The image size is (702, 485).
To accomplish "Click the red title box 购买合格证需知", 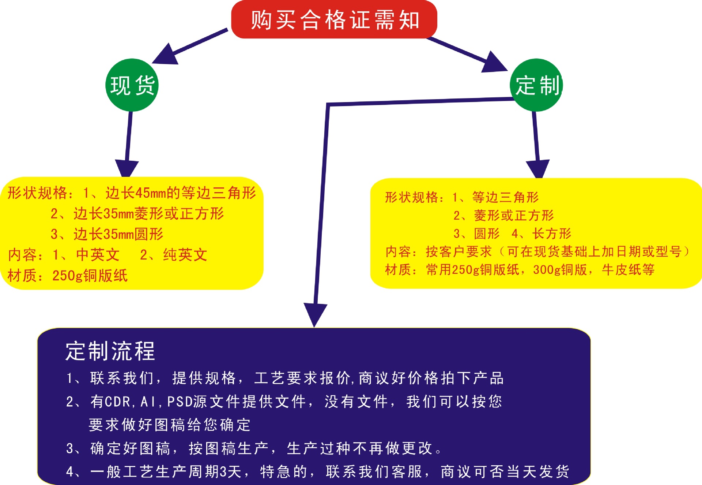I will click(334, 19).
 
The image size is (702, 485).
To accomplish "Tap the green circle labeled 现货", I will click(132, 85).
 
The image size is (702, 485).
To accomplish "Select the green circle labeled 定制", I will click(536, 85).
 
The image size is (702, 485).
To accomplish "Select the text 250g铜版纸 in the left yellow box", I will click(90, 276).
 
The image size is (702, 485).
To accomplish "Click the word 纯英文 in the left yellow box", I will click(185, 255).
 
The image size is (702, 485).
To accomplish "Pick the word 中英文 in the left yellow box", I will click(98, 255).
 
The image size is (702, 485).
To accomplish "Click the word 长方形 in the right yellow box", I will click(552, 233).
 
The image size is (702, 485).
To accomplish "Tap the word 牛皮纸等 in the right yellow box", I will click(628, 270).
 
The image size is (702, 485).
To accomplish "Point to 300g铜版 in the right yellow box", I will click(560, 270).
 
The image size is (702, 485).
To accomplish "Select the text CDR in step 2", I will click(117, 402).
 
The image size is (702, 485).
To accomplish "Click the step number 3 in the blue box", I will click(70, 448).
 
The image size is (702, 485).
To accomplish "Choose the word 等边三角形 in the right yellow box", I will click(505, 197).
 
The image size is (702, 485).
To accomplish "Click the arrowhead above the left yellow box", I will click(127, 168).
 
